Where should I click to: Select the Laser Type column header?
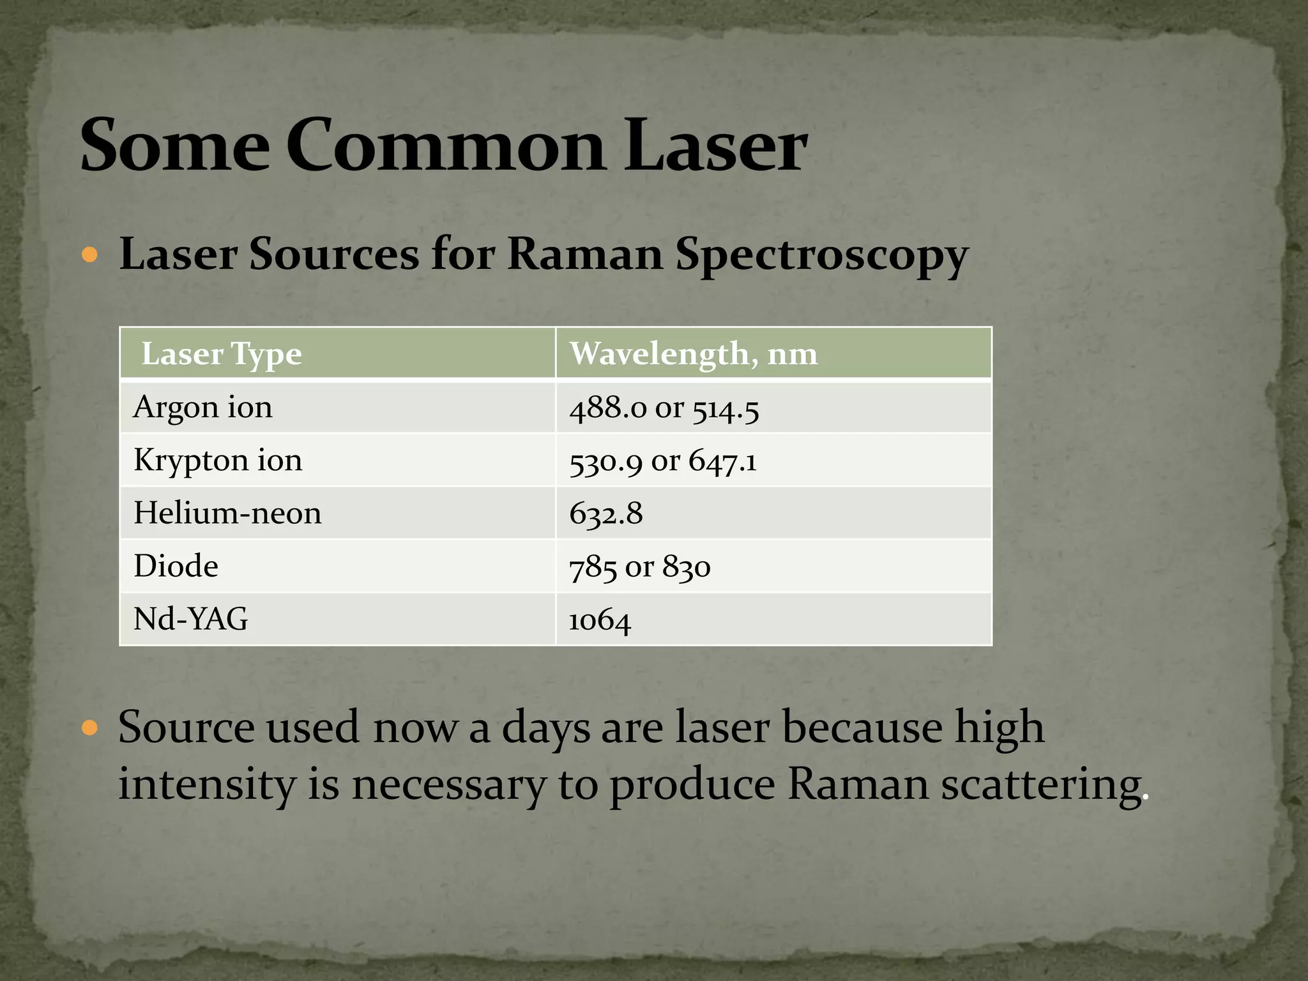(221, 354)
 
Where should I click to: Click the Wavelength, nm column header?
(694, 354)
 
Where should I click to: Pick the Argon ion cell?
(203, 407)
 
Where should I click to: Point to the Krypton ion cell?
(218, 460)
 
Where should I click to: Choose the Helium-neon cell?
(227, 513)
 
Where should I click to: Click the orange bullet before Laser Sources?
(90, 256)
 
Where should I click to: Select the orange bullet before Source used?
(90, 727)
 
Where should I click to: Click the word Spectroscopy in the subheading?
(821, 255)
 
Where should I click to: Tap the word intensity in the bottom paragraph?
(207, 784)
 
